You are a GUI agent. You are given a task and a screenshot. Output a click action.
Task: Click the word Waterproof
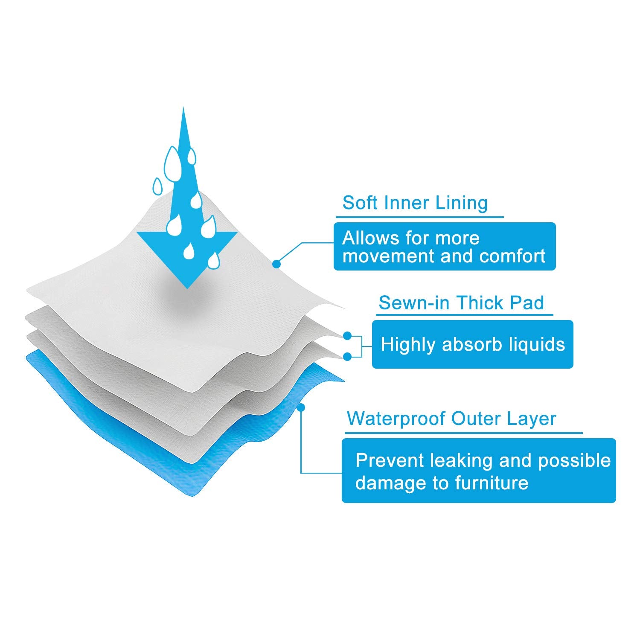(396, 419)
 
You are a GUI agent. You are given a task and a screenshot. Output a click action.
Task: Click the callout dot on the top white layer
(276, 265)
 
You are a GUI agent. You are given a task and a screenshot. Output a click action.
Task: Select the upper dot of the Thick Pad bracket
(347, 336)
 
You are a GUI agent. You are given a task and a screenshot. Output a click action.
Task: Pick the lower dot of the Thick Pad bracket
(347, 356)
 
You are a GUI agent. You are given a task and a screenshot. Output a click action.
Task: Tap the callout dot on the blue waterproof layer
(301, 407)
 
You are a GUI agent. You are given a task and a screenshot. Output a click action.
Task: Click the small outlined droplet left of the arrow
(158, 186)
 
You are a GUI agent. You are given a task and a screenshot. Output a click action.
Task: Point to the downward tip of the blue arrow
(187, 288)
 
